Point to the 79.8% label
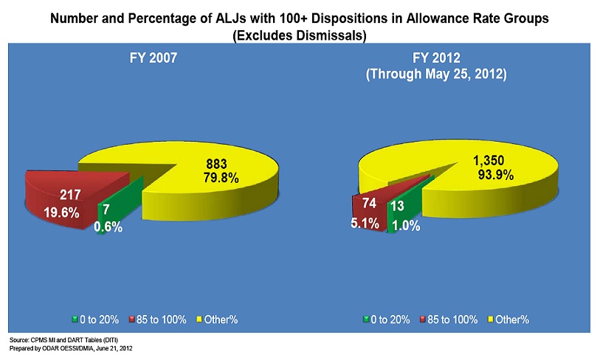221,177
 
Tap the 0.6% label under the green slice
108,228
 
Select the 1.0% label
405,226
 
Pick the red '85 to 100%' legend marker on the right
423,320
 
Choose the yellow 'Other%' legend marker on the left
201,320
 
